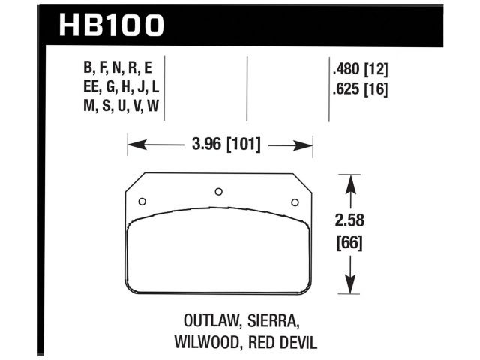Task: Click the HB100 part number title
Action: [109, 25]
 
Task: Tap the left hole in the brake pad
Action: [142, 200]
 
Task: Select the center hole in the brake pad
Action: [218, 191]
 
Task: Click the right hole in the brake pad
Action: [295, 201]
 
